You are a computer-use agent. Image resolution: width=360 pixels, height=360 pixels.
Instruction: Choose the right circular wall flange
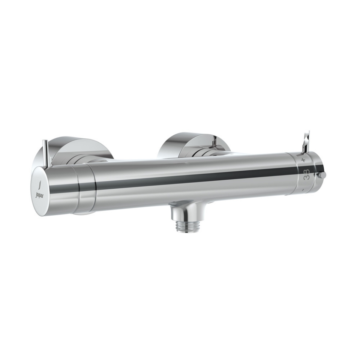point(193,144)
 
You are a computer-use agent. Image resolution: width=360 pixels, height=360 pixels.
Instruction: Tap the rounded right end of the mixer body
point(319,173)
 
